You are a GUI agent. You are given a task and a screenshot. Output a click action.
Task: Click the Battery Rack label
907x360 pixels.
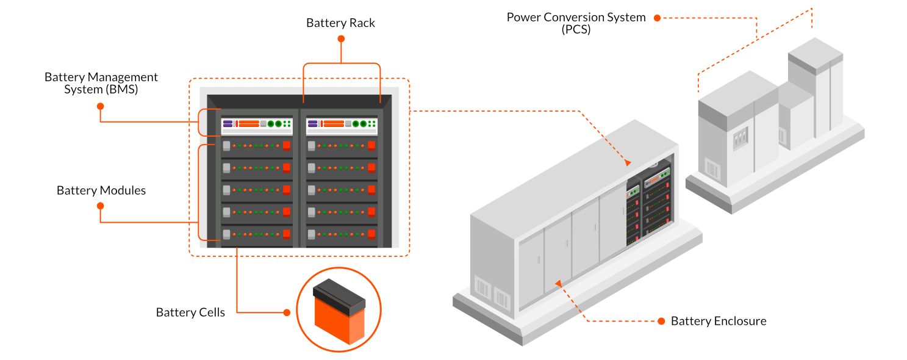tap(340, 23)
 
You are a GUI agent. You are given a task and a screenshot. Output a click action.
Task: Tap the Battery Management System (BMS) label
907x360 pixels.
tap(101, 84)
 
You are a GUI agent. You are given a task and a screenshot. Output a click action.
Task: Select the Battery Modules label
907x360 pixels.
tap(101, 190)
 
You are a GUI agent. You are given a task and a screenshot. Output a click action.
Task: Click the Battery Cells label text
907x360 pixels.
tap(190, 312)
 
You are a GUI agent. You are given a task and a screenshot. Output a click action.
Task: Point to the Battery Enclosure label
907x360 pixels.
tap(719, 321)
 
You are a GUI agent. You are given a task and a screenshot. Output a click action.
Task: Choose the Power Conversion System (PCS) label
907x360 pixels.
tap(576, 23)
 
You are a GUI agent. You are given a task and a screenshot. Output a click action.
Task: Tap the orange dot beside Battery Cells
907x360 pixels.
tap(287, 312)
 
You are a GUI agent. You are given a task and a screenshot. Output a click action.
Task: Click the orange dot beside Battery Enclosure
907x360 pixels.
tap(661, 321)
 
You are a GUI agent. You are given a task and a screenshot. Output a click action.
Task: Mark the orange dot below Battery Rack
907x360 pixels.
tap(341, 38)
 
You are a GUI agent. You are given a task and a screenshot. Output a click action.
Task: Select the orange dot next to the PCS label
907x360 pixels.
tap(657, 18)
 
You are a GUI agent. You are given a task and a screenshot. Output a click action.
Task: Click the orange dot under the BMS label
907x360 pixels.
tap(101, 106)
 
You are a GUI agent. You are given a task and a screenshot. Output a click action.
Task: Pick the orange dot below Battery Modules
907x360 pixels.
tap(101, 206)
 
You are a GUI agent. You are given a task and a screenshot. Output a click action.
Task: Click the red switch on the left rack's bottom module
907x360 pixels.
tap(287, 234)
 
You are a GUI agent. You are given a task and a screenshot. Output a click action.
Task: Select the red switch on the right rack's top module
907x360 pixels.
tap(371, 145)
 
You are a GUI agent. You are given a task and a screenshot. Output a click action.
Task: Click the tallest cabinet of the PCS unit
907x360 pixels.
tap(816, 92)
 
